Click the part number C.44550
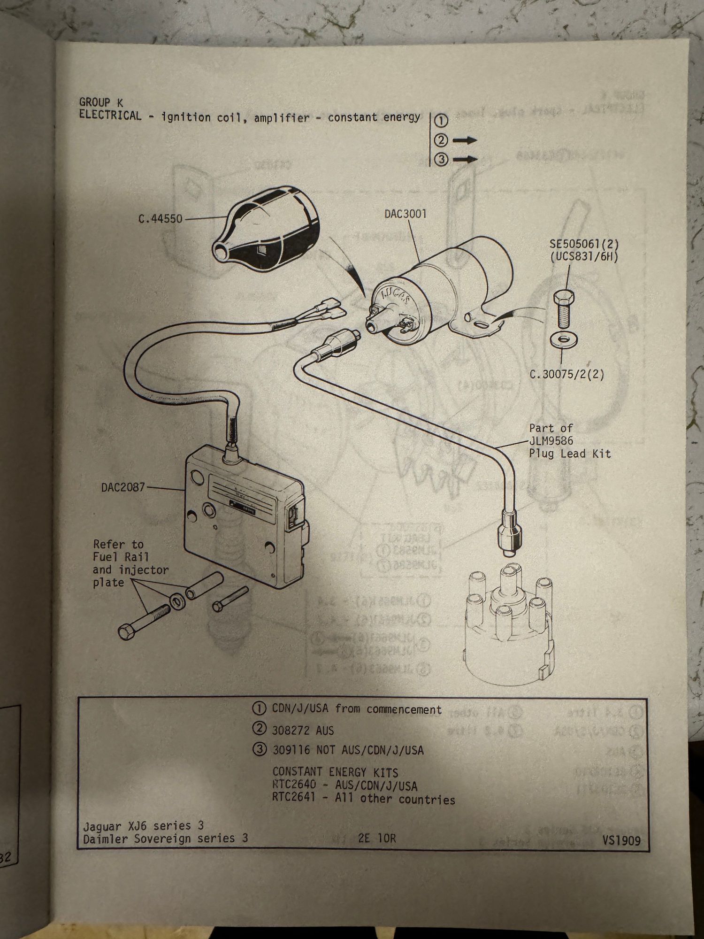(161, 219)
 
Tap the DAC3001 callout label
(405, 214)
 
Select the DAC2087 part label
(123, 487)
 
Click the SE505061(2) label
(584, 244)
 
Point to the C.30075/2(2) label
(567, 375)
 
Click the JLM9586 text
(551, 441)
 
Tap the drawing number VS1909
(621, 840)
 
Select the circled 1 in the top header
(441, 120)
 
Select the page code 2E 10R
(377, 838)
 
